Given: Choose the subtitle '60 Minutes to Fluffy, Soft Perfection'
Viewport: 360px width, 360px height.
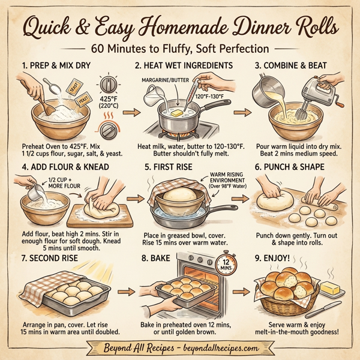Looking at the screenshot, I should tap(179, 48).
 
